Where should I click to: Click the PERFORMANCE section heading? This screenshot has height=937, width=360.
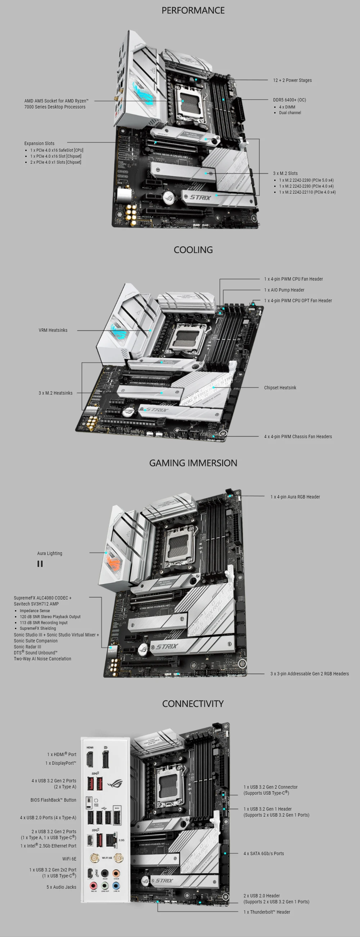click(193, 10)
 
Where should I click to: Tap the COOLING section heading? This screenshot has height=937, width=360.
click(193, 250)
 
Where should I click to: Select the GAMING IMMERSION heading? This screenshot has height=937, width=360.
click(193, 463)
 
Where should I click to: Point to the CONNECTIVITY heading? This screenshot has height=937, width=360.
click(193, 704)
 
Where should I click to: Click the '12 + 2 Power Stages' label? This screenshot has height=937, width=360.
click(292, 80)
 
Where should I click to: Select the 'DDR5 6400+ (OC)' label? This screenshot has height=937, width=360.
click(289, 100)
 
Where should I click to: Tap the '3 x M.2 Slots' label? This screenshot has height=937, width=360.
click(285, 174)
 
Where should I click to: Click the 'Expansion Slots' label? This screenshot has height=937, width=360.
click(39, 143)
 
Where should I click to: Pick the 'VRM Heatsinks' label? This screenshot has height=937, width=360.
click(53, 330)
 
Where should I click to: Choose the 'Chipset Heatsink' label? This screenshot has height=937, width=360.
click(280, 388)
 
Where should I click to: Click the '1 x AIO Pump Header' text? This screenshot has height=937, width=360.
click(284, 290)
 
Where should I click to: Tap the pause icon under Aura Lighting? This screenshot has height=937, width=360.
click(40, 564)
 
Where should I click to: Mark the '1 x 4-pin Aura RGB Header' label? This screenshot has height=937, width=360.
click(295, 497)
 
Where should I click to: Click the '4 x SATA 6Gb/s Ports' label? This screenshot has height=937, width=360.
click(264, 853)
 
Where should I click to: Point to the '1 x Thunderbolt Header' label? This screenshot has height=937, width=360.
click(266, 912)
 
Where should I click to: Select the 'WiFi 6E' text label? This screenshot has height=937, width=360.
click(69, 859)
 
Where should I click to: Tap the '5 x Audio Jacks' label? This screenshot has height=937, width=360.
click(61, 887)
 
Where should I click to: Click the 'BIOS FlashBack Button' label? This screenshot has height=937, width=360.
click(53, 800)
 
